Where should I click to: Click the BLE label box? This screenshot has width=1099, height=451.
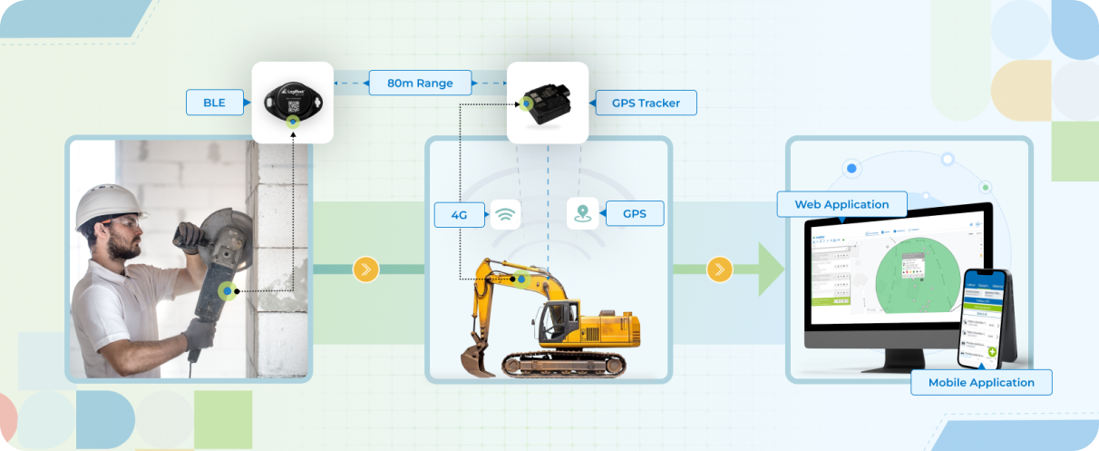[214, 103]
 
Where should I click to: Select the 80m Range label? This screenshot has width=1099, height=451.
[420, 83]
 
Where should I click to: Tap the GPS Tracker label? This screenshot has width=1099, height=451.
[645, 103]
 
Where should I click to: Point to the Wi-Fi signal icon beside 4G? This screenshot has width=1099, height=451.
[506, 214]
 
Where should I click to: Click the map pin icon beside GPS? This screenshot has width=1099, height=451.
[582, 214]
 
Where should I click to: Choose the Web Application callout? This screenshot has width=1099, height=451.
[841, 204]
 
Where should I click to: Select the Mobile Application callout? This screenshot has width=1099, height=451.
[980, 382]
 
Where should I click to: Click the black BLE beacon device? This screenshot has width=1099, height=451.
[291, 101]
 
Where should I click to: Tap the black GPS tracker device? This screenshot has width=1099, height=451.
[547, 100]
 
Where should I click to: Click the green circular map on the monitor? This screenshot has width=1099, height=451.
[916, 272]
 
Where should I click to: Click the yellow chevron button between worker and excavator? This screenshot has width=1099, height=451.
[365, 270]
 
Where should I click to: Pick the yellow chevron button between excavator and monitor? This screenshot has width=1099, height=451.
[719, 270]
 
